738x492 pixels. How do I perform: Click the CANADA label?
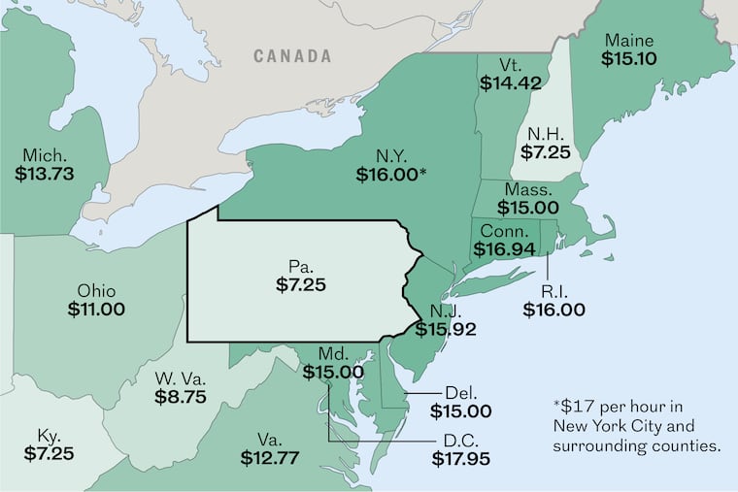tap(292, 56)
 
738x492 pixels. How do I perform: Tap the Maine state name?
tap(629, 41)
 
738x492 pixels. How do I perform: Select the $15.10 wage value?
tap(629, 60)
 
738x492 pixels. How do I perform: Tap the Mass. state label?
tap(528, 188)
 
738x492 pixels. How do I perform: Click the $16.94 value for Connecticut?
tap(505, 250)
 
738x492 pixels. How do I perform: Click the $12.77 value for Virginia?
tap(270, 456)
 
